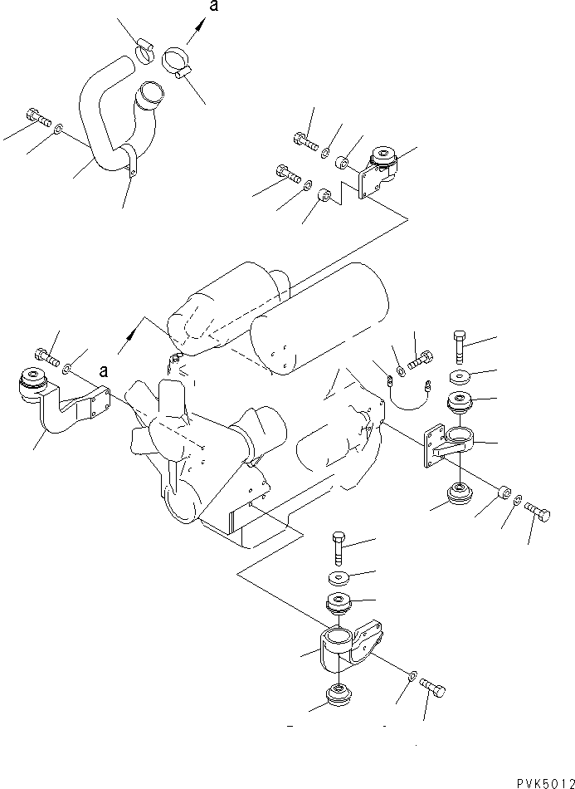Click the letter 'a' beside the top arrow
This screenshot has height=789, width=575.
[214, 7]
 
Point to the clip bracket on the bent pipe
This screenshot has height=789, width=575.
[130, 161]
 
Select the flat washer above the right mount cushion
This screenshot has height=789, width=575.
[461, 374]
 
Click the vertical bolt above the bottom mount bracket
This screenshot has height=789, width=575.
[339, 547]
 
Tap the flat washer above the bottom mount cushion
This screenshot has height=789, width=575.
[339, 578]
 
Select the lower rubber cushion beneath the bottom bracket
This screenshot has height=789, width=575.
[339, 694]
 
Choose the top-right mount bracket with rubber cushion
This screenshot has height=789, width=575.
[380, 170]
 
